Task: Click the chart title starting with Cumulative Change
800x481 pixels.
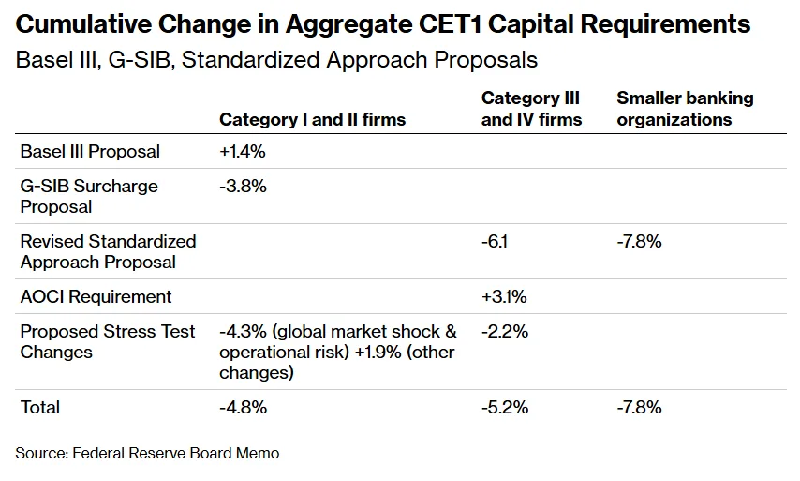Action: click(x=383, y=23)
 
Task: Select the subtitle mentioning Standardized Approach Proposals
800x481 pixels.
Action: click(x=276, y=60)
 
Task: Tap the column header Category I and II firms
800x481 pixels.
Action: click(x=312, y=119)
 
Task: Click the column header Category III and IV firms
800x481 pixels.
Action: click(x=531, y=109)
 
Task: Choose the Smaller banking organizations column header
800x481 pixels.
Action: click(x=684, y=109)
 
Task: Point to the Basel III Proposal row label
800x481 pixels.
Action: click(x=90, y=151)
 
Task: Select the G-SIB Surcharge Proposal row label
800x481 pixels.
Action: click(x=89, y=196)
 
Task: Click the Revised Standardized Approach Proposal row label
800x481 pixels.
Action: click(x=108, y=251)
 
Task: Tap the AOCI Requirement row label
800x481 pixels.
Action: click(x=96, y=296)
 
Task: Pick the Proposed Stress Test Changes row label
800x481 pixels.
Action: click(x=108, y=341)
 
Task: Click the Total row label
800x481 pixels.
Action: click(x=40, y=407)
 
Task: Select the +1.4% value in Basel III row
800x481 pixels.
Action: click(x=243, y=151)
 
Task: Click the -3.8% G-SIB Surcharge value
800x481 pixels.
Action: click(x=243, y=186)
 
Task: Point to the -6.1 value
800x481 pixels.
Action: click(x=495, y=241)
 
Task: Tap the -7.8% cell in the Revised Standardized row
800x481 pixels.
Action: click(x=639, y=241)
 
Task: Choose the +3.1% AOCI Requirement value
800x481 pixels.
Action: click(x=504, y=296)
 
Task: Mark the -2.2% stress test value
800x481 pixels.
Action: click(x=504, y=331)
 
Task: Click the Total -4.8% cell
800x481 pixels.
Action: click(x=243, y=407)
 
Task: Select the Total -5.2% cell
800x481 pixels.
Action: click(x=504, y=407)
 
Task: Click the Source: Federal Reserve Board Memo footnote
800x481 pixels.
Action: click(x=147, y=453)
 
